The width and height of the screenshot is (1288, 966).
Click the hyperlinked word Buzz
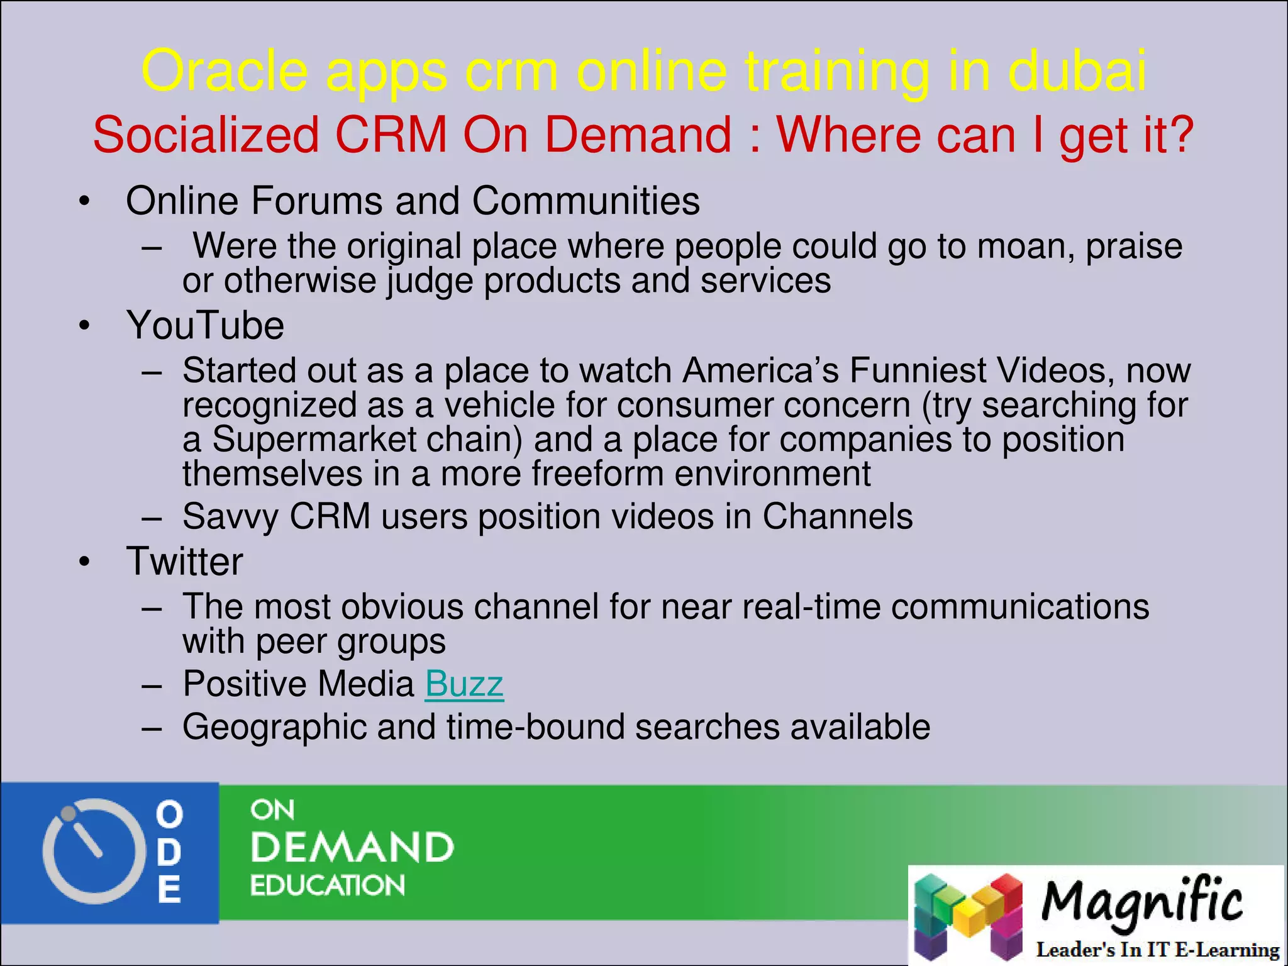(464, 684)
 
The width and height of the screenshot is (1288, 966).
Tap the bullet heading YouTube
(205, 326)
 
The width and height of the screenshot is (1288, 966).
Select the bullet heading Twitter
(184, 562)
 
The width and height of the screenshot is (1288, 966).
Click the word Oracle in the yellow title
(225, 71)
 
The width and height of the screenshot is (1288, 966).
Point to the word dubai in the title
(1077, 71)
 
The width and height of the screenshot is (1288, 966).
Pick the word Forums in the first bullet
(317, 201)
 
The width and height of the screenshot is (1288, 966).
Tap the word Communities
(586, 201)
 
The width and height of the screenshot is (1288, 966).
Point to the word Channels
(837, 517)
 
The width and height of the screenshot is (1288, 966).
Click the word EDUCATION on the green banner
(328, 885)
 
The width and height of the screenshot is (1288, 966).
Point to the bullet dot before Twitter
(84, 562)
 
